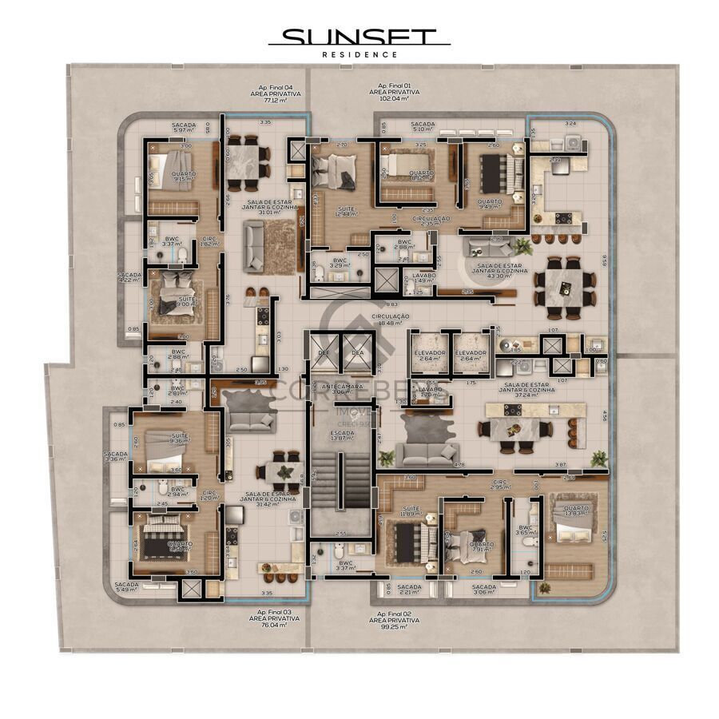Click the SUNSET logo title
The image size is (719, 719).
[x=359, y=37]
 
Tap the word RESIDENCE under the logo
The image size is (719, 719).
[x=359, y=54]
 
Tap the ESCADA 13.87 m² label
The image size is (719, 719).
[x=342, y=435]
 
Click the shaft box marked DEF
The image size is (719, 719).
[x=324, y=352]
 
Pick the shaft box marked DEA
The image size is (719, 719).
[x=357, y=352]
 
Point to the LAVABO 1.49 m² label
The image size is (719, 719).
[x=425, y=277]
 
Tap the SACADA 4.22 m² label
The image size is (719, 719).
[x=129, y=277]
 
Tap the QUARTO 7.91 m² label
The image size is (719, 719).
[x=482, y=546]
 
